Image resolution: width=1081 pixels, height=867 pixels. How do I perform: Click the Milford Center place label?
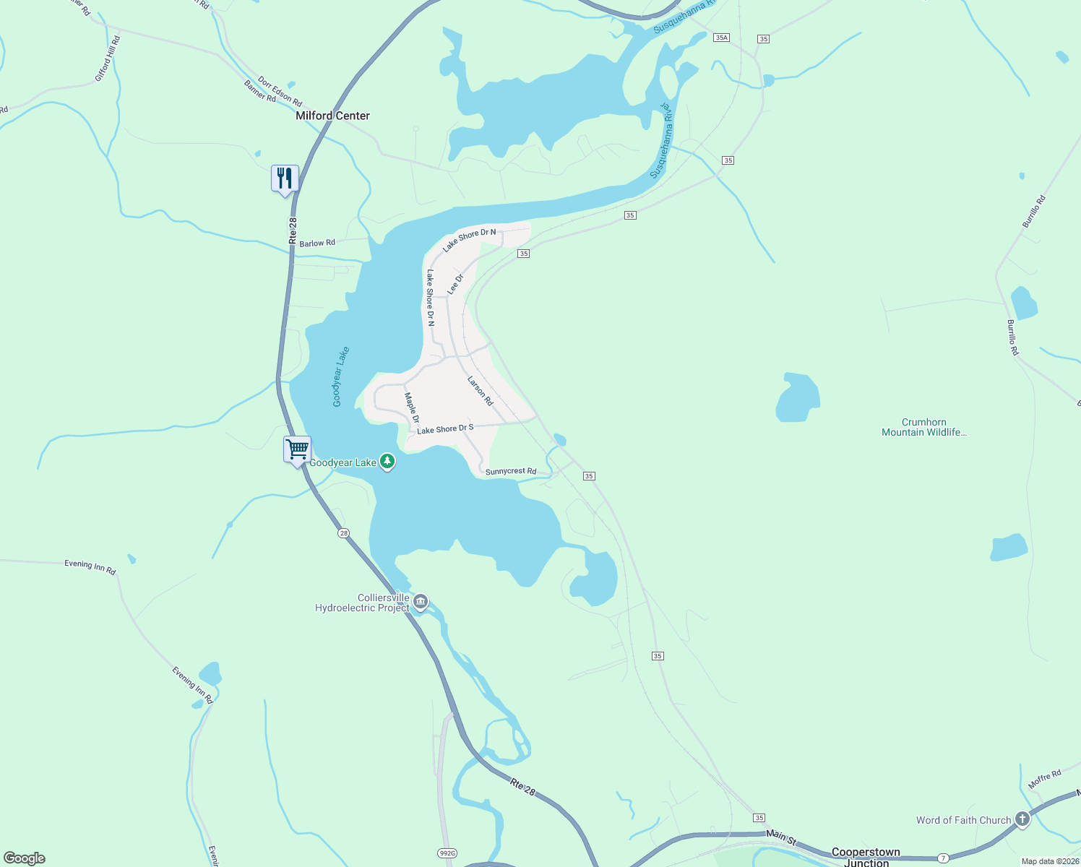(x=332, y=116)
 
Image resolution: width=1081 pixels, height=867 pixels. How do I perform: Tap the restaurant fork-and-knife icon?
(x=285, y=178)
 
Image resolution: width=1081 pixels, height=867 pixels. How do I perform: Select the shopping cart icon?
(x=297, y=449)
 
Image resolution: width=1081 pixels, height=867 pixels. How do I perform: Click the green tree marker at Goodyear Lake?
(x=387, y=462)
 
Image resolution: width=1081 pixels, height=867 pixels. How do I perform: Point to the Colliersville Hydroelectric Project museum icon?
(x=421, y=601)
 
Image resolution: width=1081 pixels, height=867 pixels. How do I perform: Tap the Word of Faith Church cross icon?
(x=1022, y=819)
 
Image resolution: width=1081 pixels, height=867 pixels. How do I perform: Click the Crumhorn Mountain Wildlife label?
(x=923, y=427)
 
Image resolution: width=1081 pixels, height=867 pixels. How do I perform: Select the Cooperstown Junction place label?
(x=866, y=857)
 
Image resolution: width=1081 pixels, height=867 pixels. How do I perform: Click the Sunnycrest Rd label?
(x=511, y=472)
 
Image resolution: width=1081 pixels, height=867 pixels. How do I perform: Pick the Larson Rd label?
(x=480, y=391)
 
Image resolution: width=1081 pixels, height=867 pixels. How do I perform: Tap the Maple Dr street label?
(x=411, y=408)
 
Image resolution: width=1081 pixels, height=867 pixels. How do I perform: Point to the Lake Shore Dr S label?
(x=445, y=429)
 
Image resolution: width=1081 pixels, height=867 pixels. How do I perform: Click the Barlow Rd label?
(x=317, y=243)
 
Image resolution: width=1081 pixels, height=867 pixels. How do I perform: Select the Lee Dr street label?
(x=455, y=284)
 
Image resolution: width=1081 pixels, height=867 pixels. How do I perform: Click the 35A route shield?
(x=721, y=38)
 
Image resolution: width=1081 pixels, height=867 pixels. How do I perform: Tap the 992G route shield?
(x=447, y=853)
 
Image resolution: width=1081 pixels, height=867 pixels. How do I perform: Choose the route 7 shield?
(x=944, y=858)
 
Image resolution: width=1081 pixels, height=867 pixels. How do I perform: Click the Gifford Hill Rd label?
(x=108, y=59)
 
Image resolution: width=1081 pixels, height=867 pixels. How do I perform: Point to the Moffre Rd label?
(x=1044, y=780)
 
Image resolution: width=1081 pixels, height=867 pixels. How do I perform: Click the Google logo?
(x=25, y=858)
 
